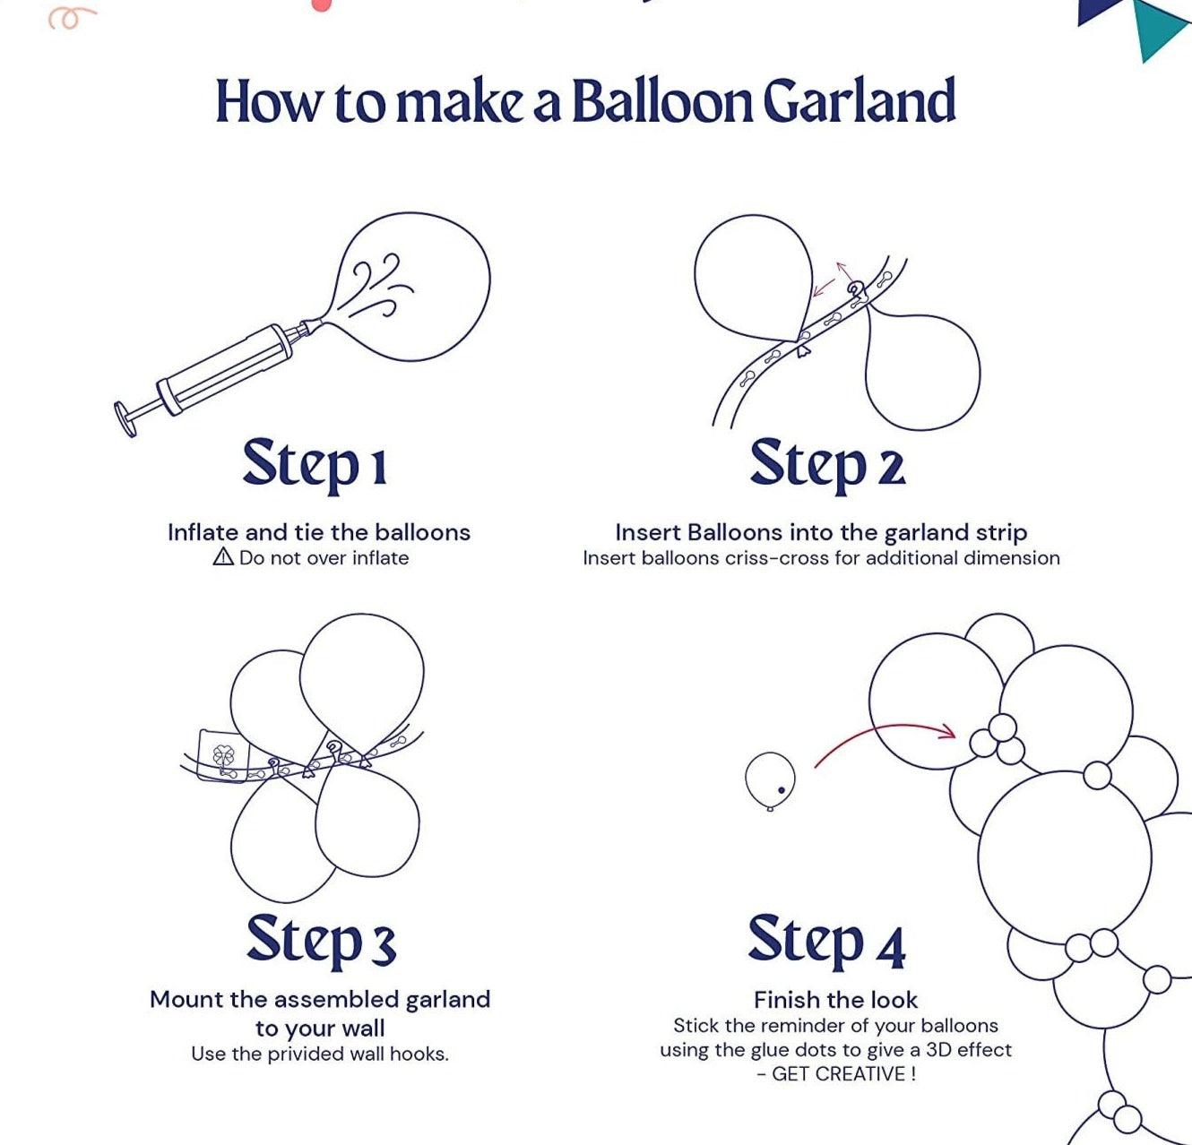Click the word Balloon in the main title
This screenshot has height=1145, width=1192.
[x=662, y=100]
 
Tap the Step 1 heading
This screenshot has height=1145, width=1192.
[x=315, y=465]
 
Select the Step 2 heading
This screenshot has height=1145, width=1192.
[x=827, y=465]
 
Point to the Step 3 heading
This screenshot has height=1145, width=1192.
[x=321, y=941]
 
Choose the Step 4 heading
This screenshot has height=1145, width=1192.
[x=826, y=941]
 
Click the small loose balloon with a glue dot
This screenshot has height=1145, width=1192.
[x=770, y=780]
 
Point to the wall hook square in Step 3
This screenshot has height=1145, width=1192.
[x=223, y=755]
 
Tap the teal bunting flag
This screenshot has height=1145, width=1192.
[x=1159, y=28]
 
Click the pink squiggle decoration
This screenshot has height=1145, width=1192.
[x=71, y=19]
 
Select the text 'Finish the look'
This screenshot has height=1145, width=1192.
[x=835, y=1000]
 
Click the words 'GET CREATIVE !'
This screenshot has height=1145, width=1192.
[x=844, y=1074]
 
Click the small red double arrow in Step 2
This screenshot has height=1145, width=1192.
[x=832, y=279]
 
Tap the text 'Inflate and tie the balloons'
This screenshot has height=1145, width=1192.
[x=319, y=532]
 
